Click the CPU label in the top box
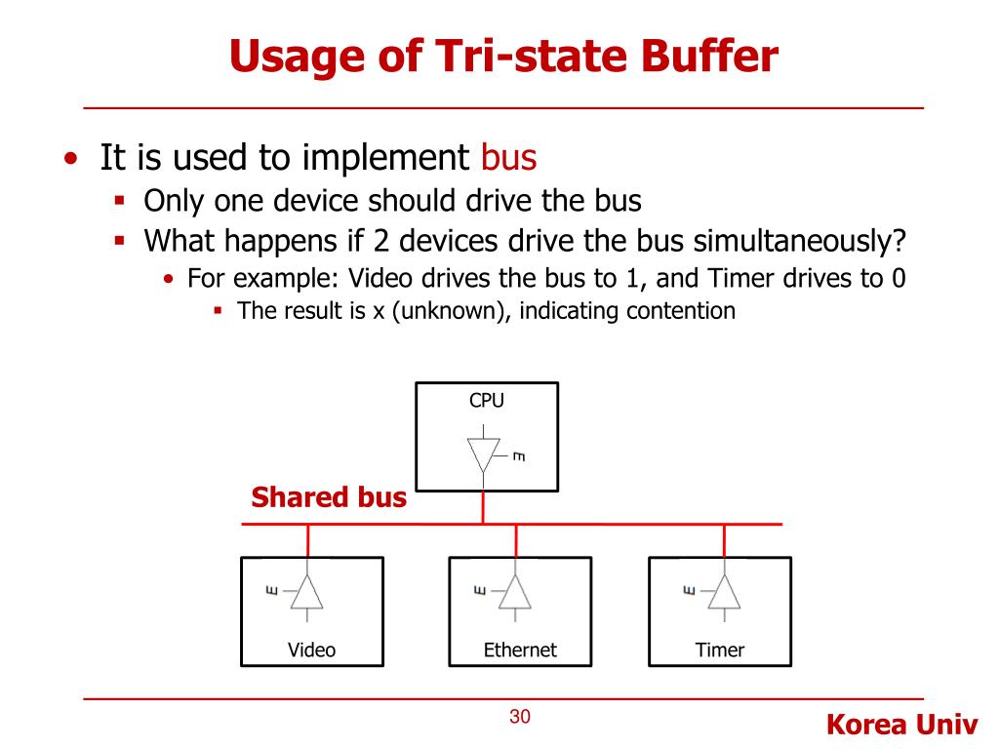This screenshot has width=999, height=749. (x=487, y=400)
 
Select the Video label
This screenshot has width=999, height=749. (x=311, y=650)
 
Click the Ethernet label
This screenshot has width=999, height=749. (x=520, y=650)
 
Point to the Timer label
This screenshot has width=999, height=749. (x=720, y=650)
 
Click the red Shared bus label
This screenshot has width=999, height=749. (x=328, y=498)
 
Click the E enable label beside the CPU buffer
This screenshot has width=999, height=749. (x=519, y=455)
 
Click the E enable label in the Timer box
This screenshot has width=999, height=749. (x=689, y=590)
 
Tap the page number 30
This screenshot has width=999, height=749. (x=520, y=718)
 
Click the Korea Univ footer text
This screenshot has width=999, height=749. (x=901, y=725)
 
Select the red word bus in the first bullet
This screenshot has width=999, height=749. (x=509, y=157)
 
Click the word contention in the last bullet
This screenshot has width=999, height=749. (x=681, y=311)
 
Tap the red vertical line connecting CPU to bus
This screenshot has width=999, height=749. (x=484, y=507)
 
